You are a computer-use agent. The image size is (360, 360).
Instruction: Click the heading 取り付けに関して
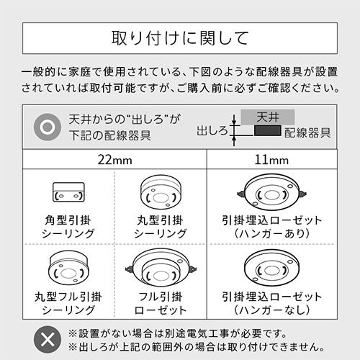[180, 38]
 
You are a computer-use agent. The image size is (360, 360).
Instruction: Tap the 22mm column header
[114, 160]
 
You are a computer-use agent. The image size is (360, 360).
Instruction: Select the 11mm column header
[271, 160]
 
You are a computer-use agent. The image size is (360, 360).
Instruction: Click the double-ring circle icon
[48, 127]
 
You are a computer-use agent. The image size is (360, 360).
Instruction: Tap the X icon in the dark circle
[48, 340]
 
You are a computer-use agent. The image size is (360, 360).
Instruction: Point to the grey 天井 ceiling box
[268, 117]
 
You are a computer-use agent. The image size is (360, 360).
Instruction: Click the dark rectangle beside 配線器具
[267, 130]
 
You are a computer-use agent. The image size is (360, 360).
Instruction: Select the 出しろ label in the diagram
[212, 131]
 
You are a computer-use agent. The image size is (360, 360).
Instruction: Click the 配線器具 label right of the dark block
[307, 132]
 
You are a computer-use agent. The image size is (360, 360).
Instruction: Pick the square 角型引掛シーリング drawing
[68, 192]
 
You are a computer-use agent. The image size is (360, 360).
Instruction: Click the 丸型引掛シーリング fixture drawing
[161, 192]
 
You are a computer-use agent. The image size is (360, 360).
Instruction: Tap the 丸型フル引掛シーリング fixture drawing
[68, 268]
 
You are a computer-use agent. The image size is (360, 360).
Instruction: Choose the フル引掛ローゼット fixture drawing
[161, 268]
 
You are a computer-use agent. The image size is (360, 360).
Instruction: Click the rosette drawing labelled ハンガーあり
[271, 193]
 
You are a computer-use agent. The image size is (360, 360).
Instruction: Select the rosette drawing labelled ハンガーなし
[271, 268]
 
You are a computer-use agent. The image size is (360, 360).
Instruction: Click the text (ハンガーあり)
[271, 233]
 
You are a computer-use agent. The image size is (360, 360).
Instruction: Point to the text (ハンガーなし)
[271, 310]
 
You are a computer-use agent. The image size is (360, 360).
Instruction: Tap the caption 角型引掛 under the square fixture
[68, 220]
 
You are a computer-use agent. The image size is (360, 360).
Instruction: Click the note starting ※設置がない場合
[177, 333]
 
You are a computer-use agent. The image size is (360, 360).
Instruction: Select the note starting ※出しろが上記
[197, 347]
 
